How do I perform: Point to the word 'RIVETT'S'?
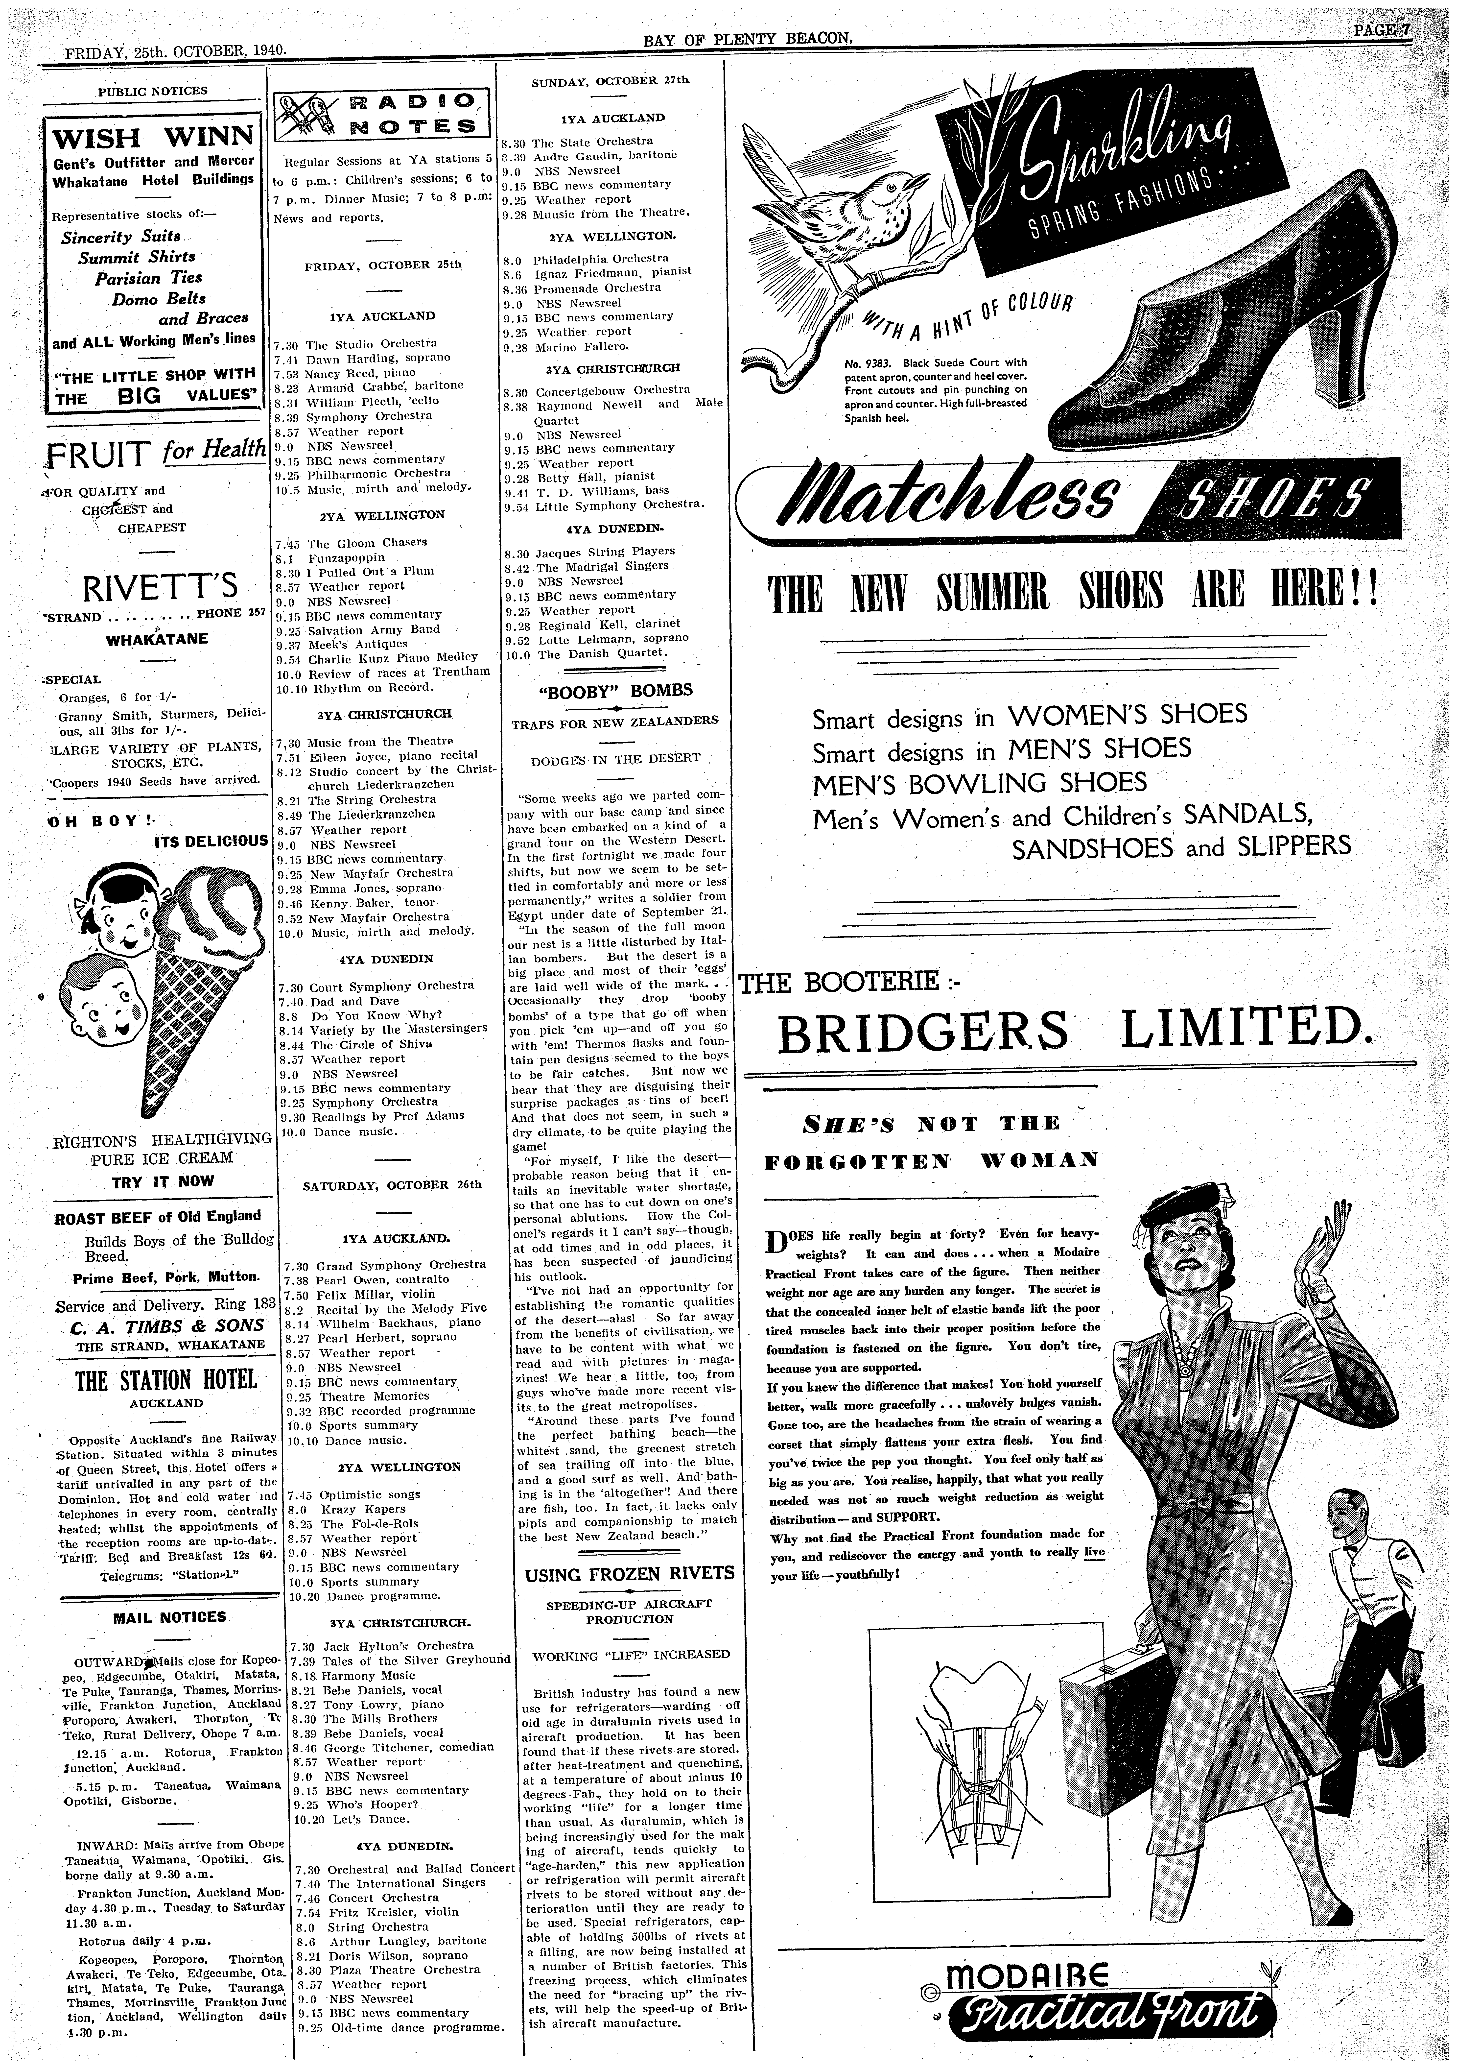159,588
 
